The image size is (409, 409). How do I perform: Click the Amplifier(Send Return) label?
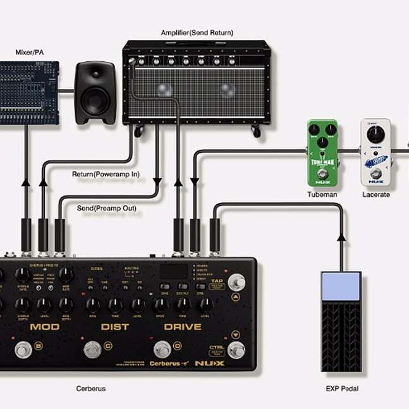pos(197,32)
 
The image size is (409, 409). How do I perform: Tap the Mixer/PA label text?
pos(29,52)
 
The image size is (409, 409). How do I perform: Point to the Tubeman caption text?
pos(322,195)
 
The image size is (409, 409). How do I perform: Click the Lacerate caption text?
pos(376,195)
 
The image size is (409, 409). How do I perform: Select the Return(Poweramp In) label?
pos(106,174)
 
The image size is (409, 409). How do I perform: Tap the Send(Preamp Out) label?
pos(106,207)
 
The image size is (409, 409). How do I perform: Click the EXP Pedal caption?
pos(342,389)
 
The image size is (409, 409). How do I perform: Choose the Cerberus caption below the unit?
pos(91,388)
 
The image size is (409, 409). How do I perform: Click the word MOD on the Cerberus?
pos(45,327)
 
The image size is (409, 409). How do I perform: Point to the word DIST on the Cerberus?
pos(115,327)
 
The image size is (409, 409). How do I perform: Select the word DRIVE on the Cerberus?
pos(183,327)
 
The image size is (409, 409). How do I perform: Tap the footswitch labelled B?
pos(23,348)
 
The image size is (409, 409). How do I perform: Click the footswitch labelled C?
pos(93,348)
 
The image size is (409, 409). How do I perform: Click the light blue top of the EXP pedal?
pos(340,286)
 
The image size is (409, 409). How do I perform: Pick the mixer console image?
pos(29,92)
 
